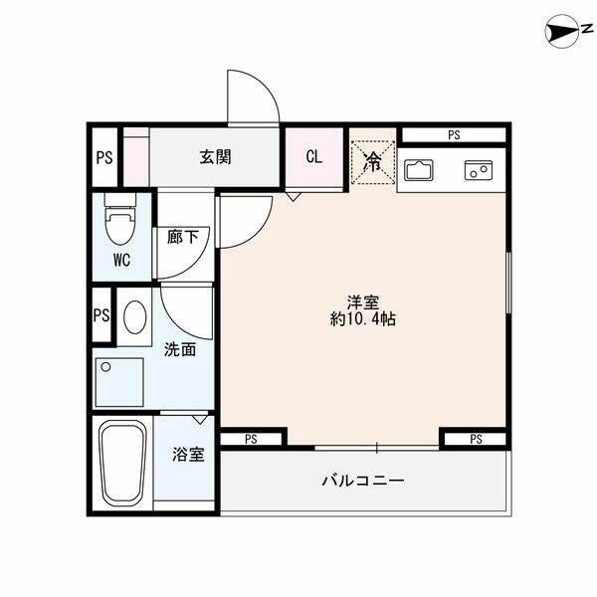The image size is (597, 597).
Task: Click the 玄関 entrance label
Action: tap(215, 157)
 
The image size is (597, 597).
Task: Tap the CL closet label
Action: tap(313, 157)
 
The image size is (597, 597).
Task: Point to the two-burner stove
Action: tap(479, 170)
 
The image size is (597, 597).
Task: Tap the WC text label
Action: tap(120, 263)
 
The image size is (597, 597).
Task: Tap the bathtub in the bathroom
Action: tap(124, 464)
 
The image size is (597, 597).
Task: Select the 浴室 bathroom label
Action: tap(188, 456)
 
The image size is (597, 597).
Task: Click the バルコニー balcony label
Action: tap(363, 481)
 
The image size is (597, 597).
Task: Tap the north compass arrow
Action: tap(562, 33)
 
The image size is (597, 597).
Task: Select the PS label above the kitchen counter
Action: tap(454, 134)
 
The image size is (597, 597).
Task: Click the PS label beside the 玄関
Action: tap(102, 157)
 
